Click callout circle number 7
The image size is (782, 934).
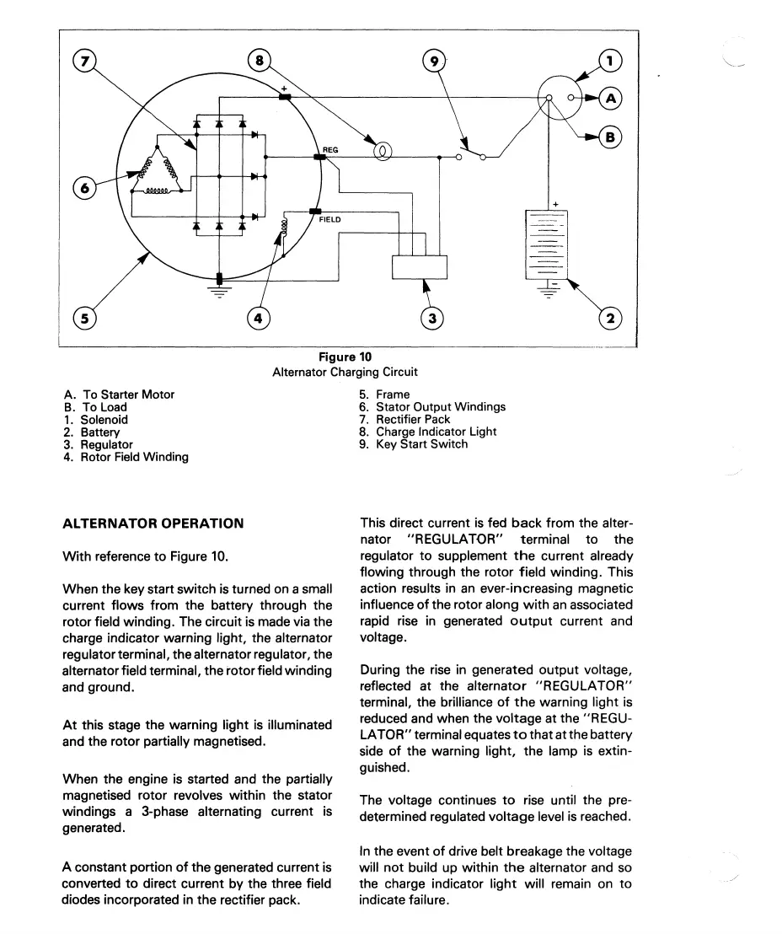[85, 61]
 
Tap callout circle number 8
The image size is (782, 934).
[260, 61]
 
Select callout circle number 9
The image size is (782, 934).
[431, 61]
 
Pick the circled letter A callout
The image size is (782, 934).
[612, 99]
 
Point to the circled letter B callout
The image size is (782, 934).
[612, 136]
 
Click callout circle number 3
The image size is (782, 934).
[431, 318]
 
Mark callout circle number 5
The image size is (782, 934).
[85, 318]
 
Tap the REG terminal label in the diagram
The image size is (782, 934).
[330, 150]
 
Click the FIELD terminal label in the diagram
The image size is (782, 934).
[329, 219]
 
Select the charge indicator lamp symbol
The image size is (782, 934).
[382, 152]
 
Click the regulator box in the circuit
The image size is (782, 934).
[420, 266]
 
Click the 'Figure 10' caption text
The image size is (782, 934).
[345, 357]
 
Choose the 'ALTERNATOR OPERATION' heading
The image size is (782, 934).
[153, 523]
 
